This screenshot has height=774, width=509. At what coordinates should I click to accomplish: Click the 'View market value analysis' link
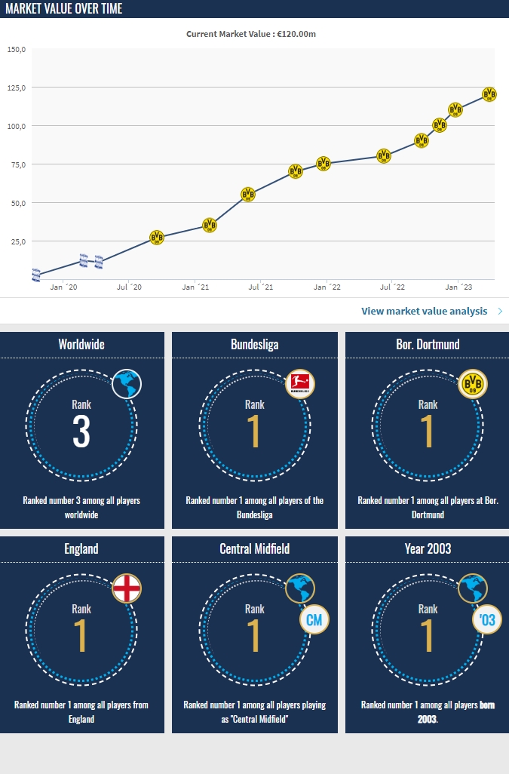tap(425, 311)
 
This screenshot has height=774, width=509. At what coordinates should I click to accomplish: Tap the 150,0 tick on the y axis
tap(17, 50)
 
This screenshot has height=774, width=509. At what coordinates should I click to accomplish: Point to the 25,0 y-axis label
tap(17, 241)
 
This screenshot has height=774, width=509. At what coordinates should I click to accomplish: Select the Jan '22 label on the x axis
tap(327, 287)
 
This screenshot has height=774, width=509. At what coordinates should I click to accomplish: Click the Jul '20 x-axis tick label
tap(130, 287)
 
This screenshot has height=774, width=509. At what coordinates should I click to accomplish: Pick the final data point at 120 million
tap(489, 94)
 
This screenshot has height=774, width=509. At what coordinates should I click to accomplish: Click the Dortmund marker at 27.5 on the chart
tap(157, 238)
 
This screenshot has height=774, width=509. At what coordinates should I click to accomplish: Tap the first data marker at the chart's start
tap(36, 275)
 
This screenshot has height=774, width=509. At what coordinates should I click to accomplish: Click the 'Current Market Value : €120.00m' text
tap(256, 34)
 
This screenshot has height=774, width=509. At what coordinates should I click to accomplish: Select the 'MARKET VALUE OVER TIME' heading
tap(64, 9)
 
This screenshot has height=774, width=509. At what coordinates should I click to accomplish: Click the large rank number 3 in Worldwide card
tap(81, 432)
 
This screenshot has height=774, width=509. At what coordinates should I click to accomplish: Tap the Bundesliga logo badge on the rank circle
tap(301, 385)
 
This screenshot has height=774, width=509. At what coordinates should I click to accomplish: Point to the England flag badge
tap(127, 588)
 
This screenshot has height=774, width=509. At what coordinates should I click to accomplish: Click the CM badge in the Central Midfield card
tap(313, 621)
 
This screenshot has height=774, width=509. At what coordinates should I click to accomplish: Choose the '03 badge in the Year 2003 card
tap(486, 621)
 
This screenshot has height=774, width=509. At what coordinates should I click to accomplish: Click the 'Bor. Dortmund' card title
tap(428, 344)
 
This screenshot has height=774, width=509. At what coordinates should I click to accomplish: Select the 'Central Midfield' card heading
tap(255, 548)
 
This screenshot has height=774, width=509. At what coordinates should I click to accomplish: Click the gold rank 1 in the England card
tap(81, 637)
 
